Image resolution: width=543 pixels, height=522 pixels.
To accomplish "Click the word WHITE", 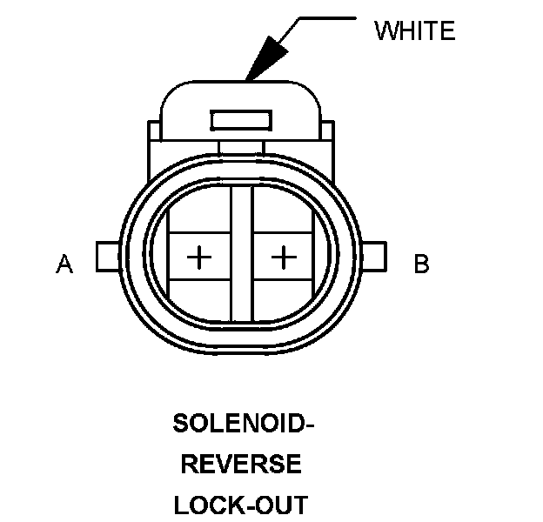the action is tap(414, 31).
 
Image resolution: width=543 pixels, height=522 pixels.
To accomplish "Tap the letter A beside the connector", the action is tap(64, 263).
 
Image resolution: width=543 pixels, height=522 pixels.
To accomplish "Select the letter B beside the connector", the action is tap(421, 263).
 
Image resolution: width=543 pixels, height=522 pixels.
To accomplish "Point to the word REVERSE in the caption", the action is tap(241, 465).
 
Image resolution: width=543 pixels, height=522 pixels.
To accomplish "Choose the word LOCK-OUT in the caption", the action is tap(241, 505).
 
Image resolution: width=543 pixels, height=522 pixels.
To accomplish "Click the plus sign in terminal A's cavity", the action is tap(200, 257).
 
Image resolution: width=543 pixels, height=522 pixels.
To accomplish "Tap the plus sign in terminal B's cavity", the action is tap(284, 257).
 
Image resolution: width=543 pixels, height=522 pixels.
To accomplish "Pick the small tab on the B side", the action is tap(377, 257).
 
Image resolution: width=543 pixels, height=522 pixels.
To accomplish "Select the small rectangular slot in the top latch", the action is tap(241, 118).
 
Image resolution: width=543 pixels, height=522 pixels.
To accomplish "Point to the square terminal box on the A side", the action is tap(199, 257).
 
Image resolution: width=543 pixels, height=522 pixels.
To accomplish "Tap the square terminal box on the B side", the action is tap(285, 257).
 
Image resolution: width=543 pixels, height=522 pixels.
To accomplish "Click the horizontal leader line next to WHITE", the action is tap(326, 17).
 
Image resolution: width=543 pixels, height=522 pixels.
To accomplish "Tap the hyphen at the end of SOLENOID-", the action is tap(307, 426).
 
